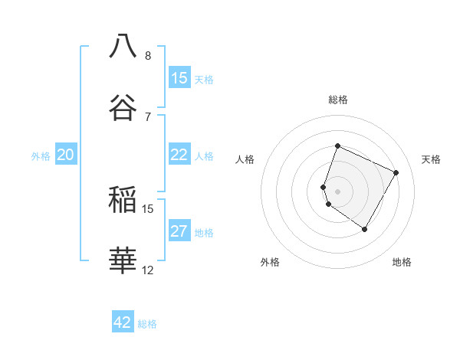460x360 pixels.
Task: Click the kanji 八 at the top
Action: click(x=123, y=46)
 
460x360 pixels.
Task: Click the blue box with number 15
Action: click(x=179, y=78)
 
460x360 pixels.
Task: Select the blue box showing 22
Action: click(x=179, y=155)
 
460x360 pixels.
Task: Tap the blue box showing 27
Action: click(x=179, y=231)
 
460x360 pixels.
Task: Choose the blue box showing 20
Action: click(x=66, y=155)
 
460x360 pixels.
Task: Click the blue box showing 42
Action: click(x=123, y=322)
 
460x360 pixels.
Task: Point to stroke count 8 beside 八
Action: click(x=148, y=56)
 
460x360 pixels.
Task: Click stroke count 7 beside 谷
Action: click(x=148, y=116)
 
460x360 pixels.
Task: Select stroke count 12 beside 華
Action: click(x=148, y=270)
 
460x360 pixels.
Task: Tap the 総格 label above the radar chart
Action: click(x=338, y=100)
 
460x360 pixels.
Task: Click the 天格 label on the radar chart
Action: click(x=432, y=159)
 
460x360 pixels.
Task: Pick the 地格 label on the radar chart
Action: click(x=402, y=263)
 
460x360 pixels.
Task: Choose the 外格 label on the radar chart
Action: click(x=270, y=263)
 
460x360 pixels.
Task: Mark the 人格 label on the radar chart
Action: click(x=245, y=159)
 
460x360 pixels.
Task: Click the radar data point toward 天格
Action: click(x=396, y=173)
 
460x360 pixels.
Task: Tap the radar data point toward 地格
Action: click(x=365, y=229)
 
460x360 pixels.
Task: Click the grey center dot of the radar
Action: click(x=338, y=191)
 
